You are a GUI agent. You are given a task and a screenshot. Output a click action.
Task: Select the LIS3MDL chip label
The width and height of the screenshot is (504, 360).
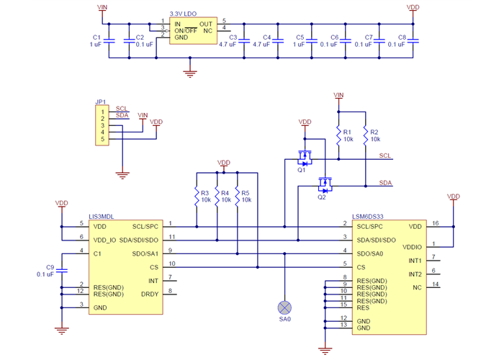102,216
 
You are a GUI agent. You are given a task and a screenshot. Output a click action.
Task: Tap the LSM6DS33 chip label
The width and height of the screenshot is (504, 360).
369,216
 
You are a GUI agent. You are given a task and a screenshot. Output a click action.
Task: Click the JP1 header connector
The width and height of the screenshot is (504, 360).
102,125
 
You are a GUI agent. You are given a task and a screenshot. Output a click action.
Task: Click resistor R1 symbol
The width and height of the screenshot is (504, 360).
337,135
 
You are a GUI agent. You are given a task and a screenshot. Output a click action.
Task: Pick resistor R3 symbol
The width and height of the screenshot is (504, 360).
196,196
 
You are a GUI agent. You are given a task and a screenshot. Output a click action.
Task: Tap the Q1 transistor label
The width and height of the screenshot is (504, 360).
302,170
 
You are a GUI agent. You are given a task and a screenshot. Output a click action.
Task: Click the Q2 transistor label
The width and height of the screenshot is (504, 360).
322,198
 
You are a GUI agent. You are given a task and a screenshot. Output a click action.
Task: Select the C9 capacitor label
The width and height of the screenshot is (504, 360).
50,267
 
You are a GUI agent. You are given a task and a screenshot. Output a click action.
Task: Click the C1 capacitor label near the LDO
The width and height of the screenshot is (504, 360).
97,37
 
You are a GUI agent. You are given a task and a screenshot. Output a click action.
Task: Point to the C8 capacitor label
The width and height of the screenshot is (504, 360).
402,37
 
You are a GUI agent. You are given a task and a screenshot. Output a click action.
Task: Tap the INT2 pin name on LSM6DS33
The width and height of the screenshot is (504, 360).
415,274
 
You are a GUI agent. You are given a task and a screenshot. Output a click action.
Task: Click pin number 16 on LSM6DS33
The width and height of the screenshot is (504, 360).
436,224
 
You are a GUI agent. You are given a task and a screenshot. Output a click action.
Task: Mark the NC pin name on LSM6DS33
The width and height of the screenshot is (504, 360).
417,287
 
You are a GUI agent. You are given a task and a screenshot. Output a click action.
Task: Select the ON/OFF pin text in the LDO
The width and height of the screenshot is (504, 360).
186,31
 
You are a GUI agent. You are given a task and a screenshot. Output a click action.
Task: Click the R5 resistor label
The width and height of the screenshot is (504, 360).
246,193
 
